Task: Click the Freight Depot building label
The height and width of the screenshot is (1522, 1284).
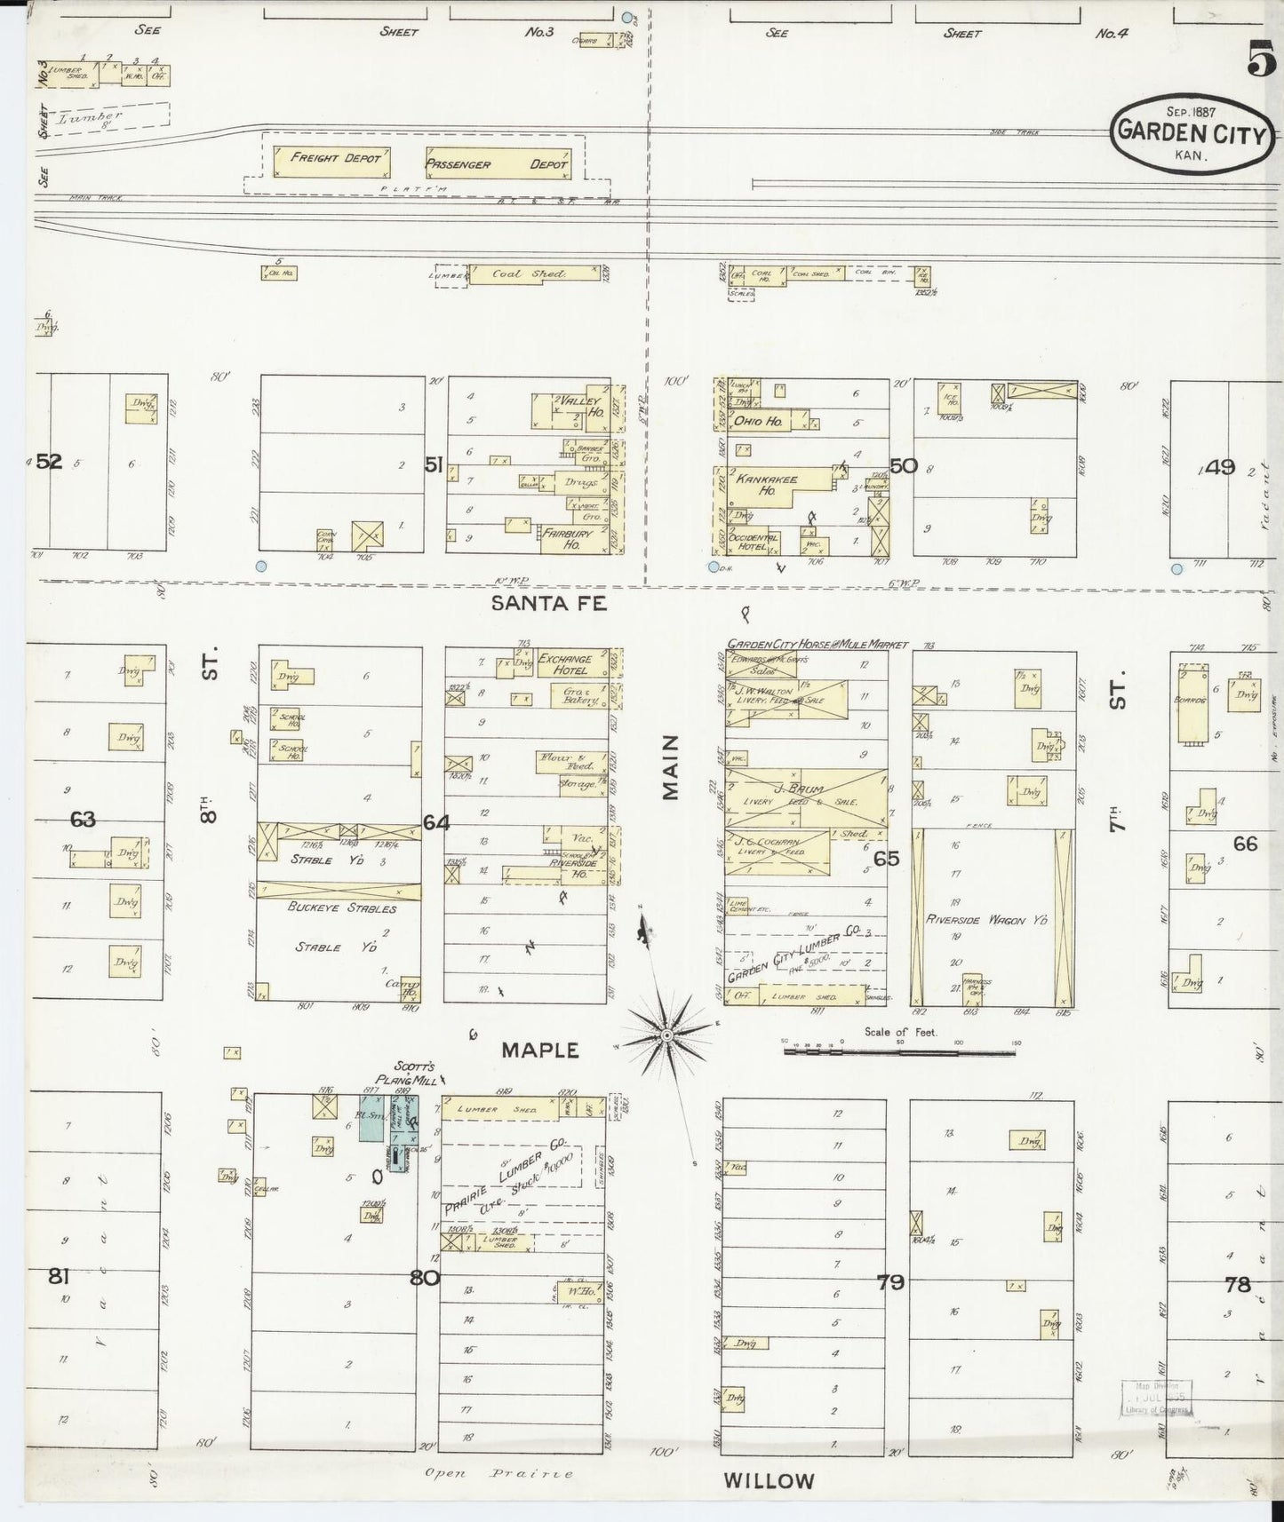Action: (x=334, y=158)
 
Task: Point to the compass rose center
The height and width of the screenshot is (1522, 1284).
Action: (x=666, y=1035)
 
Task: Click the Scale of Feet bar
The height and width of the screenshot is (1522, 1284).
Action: (x=898, y=1051)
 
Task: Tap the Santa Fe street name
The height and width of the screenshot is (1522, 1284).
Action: (x=548, y=604)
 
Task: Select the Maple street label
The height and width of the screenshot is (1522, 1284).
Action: (x=540, y=1050)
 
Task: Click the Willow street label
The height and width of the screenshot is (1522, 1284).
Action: (x=769, y=1481)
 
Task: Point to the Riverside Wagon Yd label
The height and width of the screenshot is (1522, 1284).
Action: (x=986, y=920)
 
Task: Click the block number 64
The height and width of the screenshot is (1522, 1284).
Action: (x=435, y=823)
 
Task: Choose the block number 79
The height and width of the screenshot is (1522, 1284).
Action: (x=890, y=1282)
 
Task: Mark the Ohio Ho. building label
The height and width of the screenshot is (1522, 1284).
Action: (x=758, y=421)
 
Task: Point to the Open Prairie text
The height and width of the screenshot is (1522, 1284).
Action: (x=498, y=1473)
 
